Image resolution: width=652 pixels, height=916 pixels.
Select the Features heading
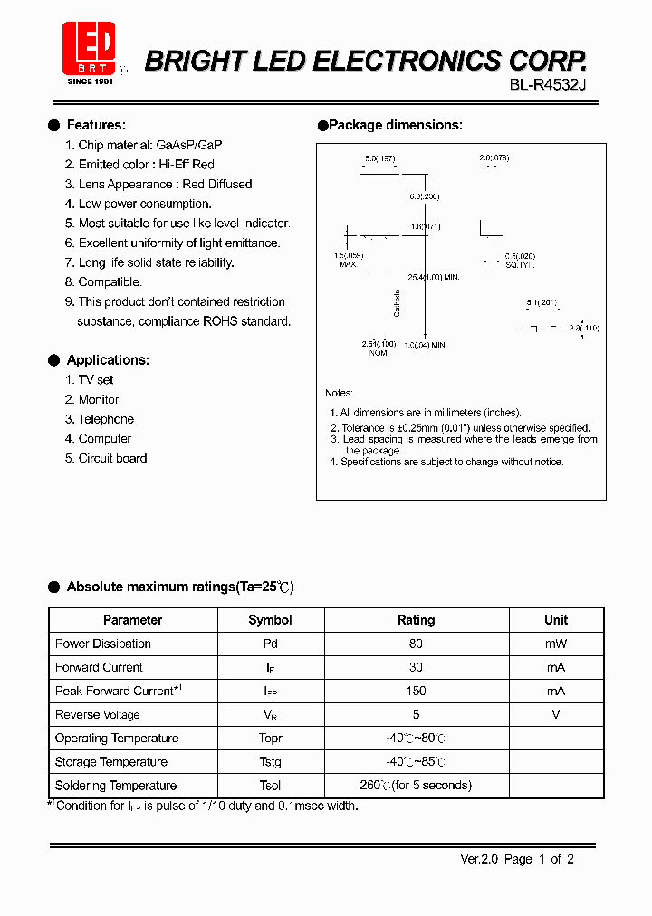tap(95, 125)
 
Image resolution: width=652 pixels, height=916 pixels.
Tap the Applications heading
tap(107, 359)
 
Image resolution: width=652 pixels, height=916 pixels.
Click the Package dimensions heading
tap(395, 125)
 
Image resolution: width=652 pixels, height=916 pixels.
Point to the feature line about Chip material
tap(149, 145)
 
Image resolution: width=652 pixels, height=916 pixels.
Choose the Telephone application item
tap(105, 419)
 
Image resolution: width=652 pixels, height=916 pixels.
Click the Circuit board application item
tap(112, 458)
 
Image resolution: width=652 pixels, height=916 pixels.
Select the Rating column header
tap(416, 620)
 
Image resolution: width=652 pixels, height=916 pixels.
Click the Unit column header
tap(556, 620)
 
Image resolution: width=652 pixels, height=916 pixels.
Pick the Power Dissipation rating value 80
tap(416, 644)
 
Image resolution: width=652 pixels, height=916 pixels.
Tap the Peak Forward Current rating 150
tap(416, 691)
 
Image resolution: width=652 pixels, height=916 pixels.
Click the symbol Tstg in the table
tap(270, 762)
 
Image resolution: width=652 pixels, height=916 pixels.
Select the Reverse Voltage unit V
tap(556, 714)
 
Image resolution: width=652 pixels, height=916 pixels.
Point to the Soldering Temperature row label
tap(115, 786)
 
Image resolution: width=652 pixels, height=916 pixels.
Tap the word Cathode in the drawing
tap(397, 302)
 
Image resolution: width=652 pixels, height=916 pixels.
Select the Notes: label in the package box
tap(339, 393)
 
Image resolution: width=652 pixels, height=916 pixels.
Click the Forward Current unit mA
tap(556, 667)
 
